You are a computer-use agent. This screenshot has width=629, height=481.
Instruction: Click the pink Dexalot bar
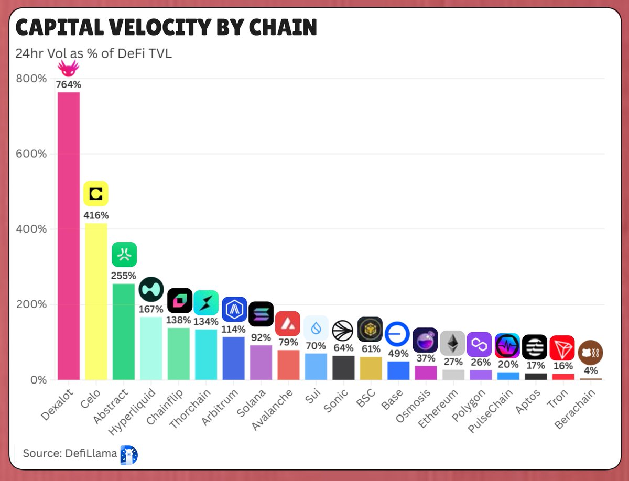tap(69, 236)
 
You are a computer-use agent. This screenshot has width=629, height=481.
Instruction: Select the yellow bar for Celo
tap(96, 301)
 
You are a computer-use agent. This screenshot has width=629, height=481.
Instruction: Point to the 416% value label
tap(96, 215)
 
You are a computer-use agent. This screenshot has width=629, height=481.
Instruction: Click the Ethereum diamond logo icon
tap(452, 343)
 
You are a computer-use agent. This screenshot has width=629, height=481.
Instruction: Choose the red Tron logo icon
tap(562, 347)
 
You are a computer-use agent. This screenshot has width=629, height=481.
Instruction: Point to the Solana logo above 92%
tap(261, 314)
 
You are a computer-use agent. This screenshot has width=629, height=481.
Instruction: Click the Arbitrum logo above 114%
tap(234, 310)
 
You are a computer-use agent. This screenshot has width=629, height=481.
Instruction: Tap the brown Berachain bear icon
tap(590, 353)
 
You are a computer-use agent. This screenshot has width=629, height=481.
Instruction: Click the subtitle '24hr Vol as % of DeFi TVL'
tap(93, 53)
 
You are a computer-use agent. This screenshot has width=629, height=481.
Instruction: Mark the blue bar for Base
tap(398, 370)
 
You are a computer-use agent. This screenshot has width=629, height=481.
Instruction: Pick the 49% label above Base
tap(398, 354)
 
